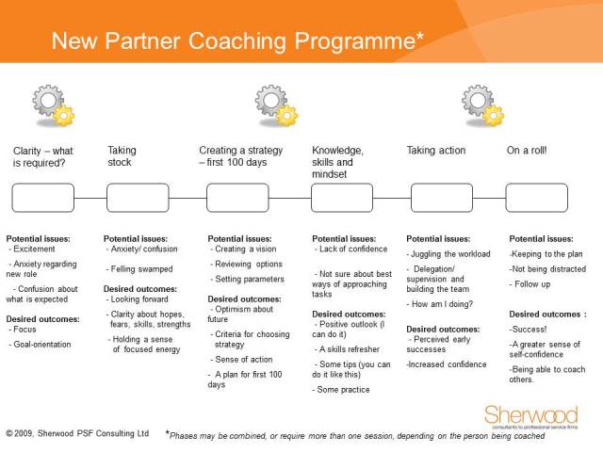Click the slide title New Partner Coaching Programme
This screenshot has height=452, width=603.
(236, 41)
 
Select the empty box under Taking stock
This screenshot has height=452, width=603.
(138, 198)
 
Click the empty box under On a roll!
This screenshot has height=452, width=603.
(536, 198)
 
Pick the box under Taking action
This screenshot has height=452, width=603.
(442, 198)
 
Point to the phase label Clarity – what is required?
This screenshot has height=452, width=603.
(42, 156)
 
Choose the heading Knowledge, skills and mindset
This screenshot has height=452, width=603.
(338, 162)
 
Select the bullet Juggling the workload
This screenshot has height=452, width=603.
(448, 254)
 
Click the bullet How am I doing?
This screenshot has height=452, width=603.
(443, 304)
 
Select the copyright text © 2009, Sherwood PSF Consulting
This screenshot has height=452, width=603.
(77, 434)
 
